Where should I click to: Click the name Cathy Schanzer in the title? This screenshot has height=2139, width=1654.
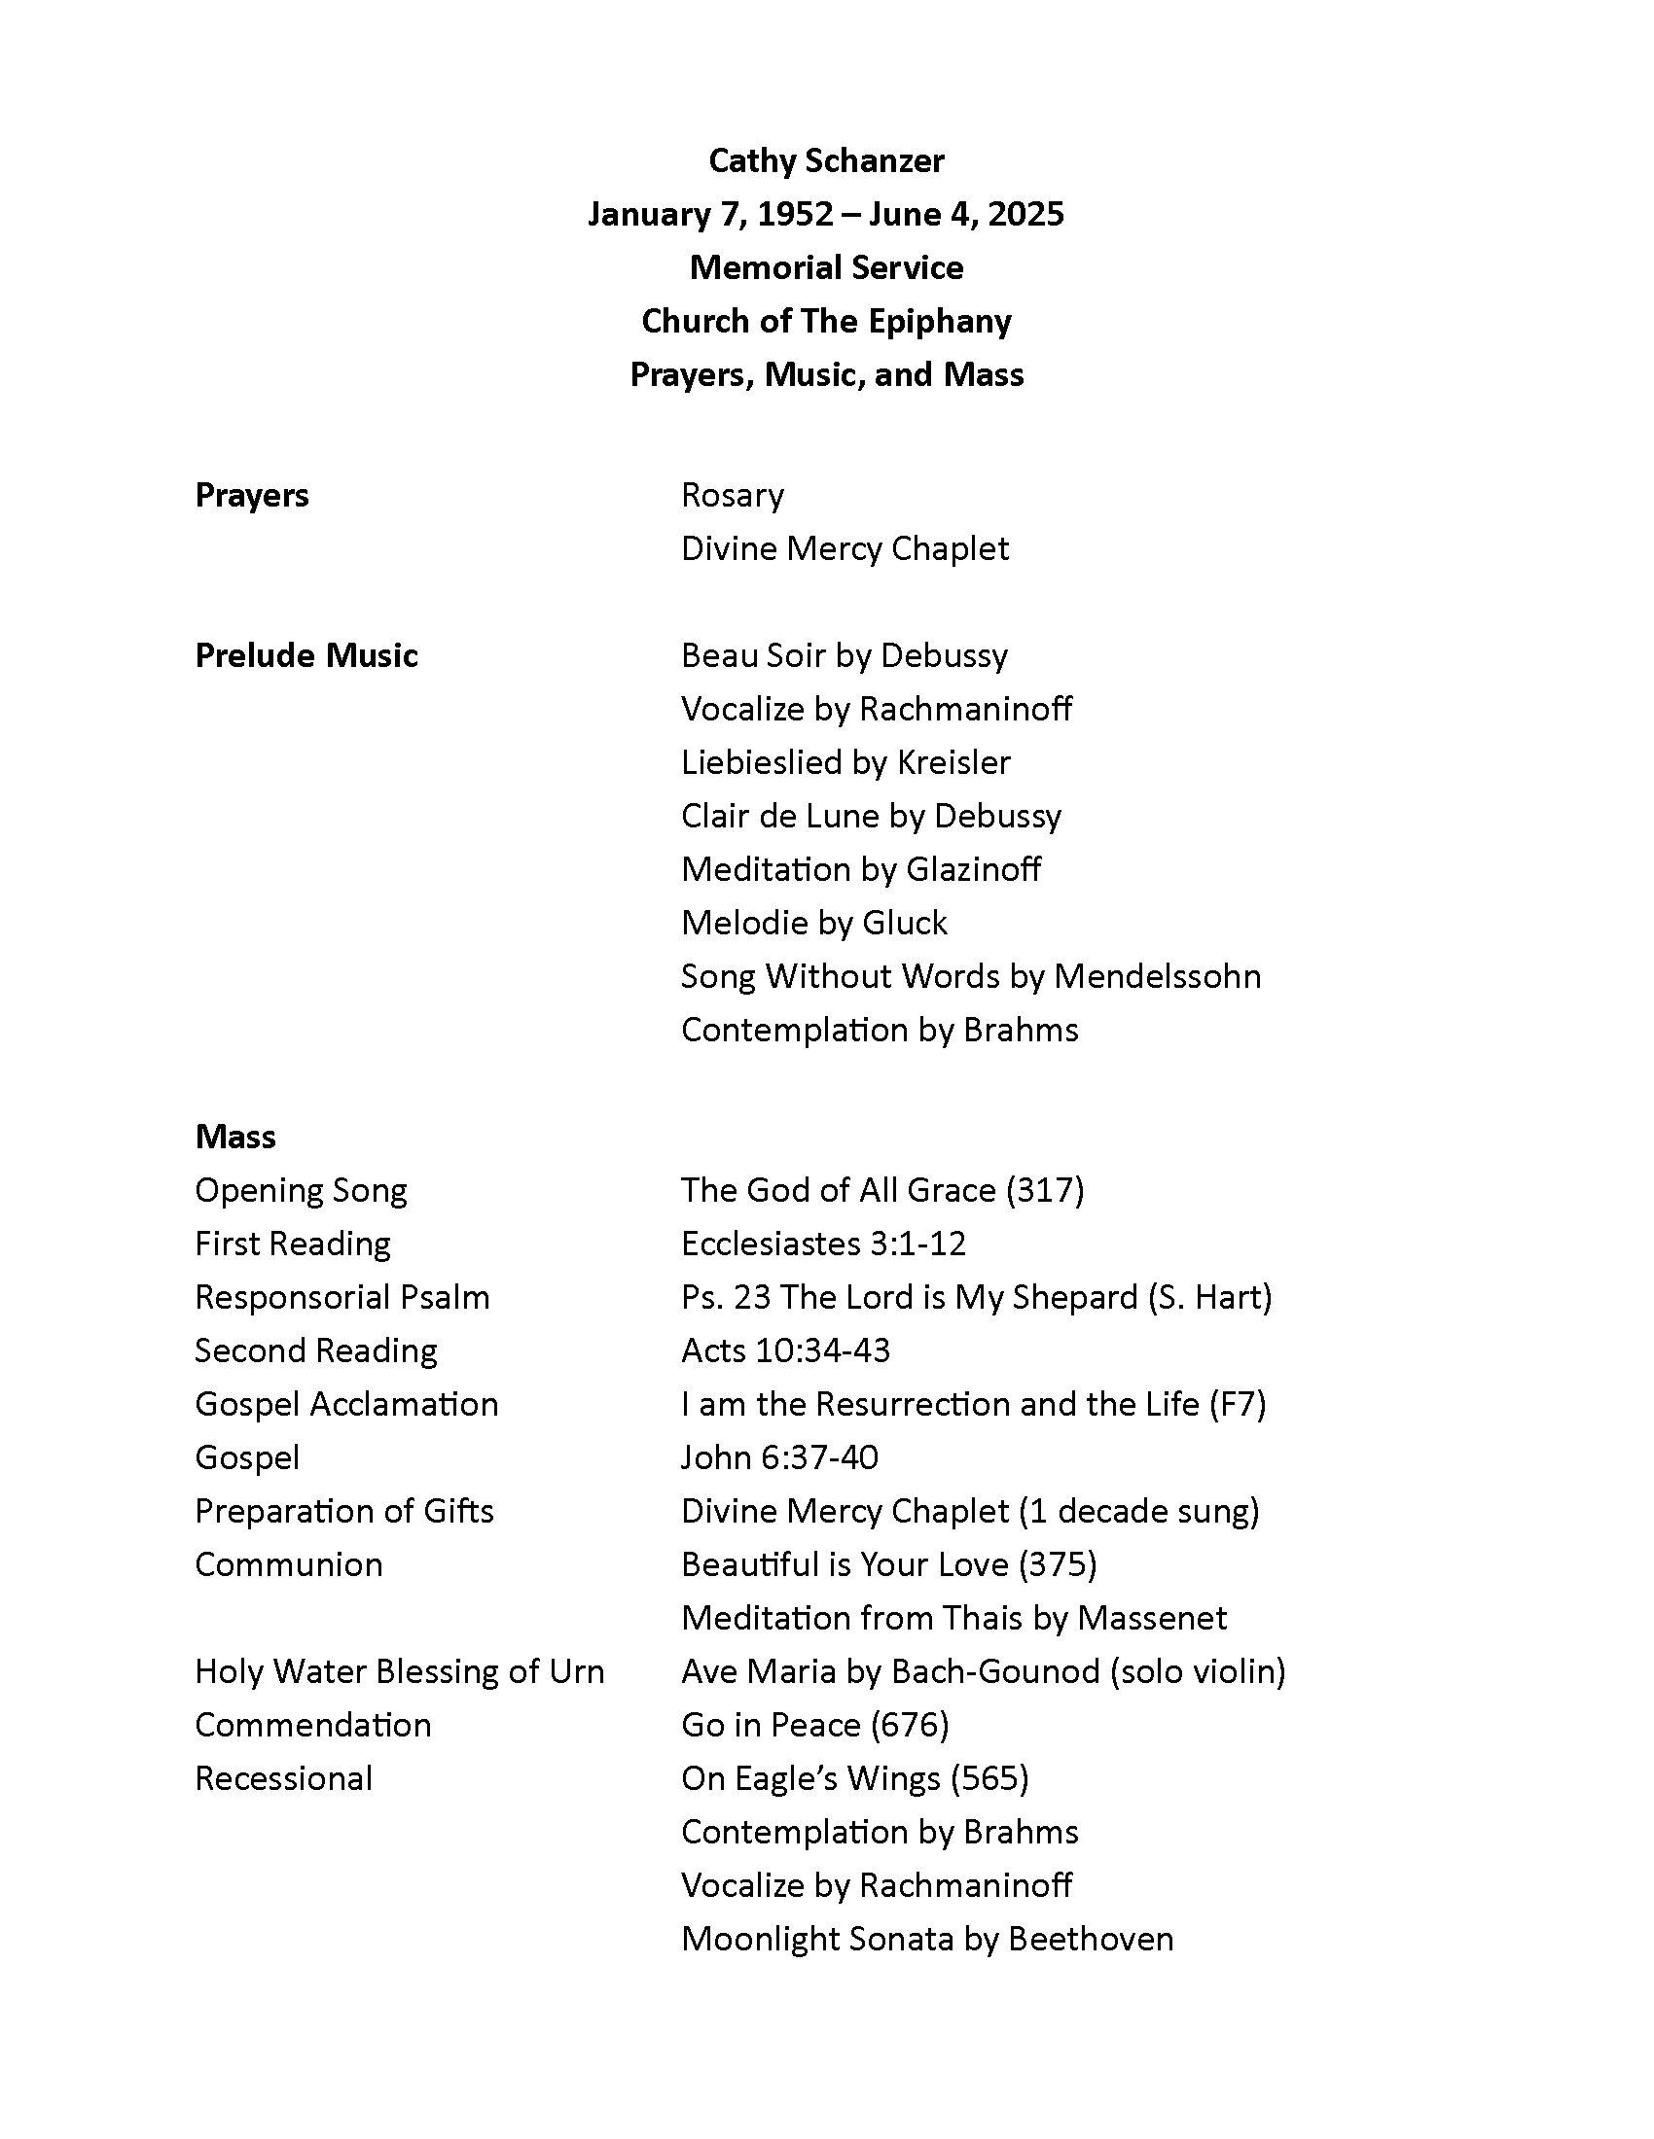826,160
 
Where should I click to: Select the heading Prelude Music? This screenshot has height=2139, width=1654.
306,655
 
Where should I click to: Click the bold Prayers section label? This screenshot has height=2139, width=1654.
252,495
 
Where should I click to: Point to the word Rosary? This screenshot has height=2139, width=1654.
732,495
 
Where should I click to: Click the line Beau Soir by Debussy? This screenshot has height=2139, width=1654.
844,655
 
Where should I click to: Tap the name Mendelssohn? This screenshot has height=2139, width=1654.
1156,975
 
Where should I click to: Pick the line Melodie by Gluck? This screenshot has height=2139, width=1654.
813,923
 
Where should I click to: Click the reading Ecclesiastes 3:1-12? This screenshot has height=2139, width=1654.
823,1243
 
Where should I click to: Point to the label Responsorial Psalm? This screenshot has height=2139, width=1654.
342,1297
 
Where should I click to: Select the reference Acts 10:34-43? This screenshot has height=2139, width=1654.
785,1350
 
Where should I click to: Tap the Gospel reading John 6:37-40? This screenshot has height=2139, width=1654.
779,1457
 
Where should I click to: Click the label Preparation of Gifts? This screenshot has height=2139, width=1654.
343,1510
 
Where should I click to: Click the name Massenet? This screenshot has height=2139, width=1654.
1151,1617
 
